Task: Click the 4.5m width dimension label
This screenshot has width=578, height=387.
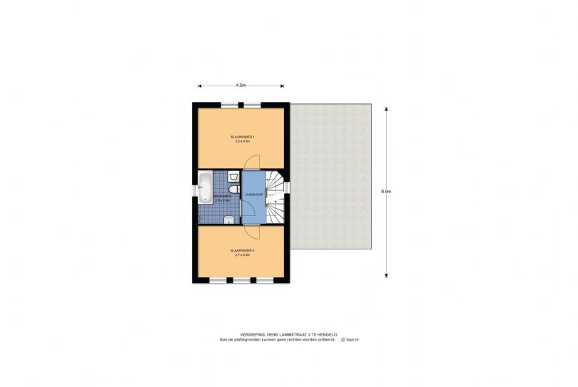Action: (x=241, y=86)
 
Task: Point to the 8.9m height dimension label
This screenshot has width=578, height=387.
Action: (x=386, y=191)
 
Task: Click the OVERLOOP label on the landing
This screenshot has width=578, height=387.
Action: (x=254, y=195)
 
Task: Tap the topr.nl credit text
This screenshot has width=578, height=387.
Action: (x=350, y=339)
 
